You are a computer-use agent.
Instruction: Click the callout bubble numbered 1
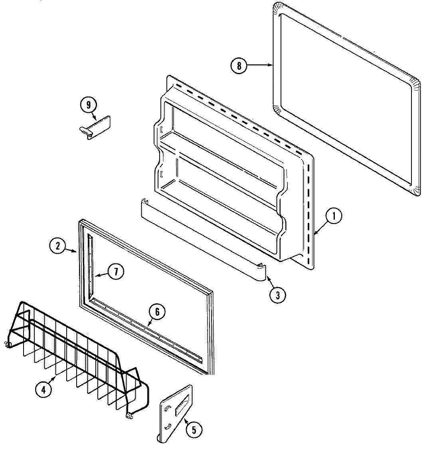point(334,216)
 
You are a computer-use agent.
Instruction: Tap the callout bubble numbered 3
point(277,295)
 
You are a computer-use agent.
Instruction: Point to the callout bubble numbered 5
point(194,429)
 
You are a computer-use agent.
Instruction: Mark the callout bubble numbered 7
point(115,271)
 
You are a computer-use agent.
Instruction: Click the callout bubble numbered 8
point(239,65)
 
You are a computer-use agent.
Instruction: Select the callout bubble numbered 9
point(88,105)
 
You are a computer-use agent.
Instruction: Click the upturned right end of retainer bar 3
point(261,271)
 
